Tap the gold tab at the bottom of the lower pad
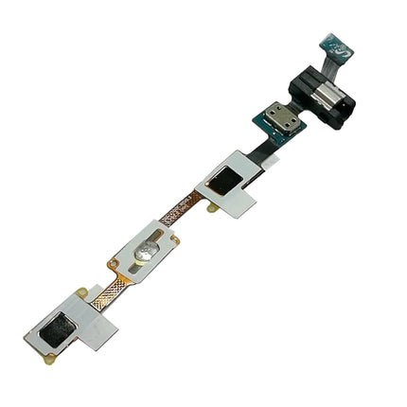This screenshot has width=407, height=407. pos(47,357)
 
